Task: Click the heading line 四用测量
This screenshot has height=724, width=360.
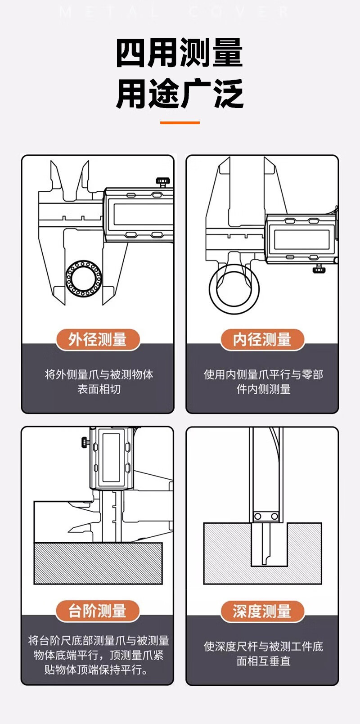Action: pos(180,53)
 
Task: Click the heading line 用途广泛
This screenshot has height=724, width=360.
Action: pos(180,94)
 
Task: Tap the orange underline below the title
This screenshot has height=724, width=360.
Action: pos(180,122)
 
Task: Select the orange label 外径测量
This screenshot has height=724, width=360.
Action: pos(98,339)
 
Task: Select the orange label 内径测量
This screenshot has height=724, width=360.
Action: pos(262,339)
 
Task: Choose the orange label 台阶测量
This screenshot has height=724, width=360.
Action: pos(98,611)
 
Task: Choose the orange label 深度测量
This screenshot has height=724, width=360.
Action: pos(262,611)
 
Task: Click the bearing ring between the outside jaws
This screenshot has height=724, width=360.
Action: pos(83,278)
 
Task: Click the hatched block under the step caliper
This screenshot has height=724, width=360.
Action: pos(98,563)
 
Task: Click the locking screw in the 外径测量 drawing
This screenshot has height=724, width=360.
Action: pos(163,182)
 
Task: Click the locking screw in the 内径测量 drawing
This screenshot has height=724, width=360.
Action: pos(319,269)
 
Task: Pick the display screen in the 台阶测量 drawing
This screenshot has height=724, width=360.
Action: pos(111,457)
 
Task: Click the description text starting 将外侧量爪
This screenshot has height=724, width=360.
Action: pos(99,382)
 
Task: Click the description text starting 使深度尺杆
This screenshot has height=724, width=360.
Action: pos(263,653)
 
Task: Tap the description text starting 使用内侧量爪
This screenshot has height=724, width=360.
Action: pos(263,382)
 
